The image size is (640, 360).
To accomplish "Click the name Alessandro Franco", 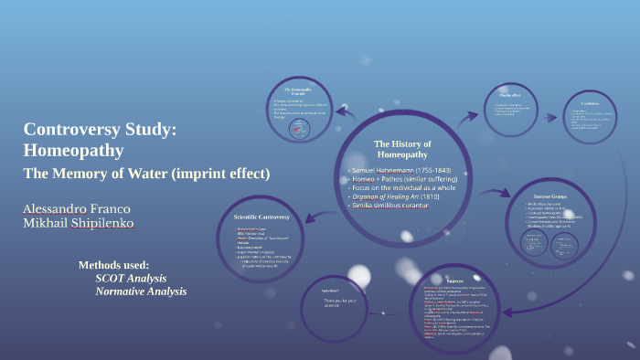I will point(74,209).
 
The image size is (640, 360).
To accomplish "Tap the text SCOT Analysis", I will point(131,278).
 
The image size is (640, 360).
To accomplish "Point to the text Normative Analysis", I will point(141,291).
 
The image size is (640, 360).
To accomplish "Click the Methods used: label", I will point(113,265).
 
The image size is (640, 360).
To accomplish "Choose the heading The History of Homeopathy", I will point(402,149).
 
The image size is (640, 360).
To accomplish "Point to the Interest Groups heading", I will point(556,196).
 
